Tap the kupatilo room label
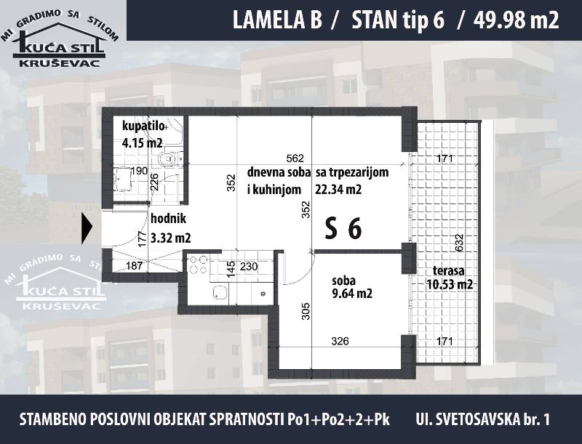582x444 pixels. (143, 126)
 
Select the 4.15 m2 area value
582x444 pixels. (143, 142)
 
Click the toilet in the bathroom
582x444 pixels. (168, 158)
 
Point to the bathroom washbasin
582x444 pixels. (122, 179)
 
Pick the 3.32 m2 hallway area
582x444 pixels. (171, 238)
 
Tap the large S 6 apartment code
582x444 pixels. (343, 228)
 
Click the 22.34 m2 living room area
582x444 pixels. (338, 190)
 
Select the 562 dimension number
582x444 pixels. (295, 158)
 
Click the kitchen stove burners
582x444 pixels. (198, 265)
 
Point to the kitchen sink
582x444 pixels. (220, 293)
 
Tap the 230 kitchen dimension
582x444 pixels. (249, 267)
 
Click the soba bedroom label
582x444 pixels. (343, 281)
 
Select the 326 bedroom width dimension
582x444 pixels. (340, 341)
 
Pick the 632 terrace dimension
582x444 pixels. (459, 243)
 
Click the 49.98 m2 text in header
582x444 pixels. (517, 20)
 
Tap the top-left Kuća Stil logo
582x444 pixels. (60, 39)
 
